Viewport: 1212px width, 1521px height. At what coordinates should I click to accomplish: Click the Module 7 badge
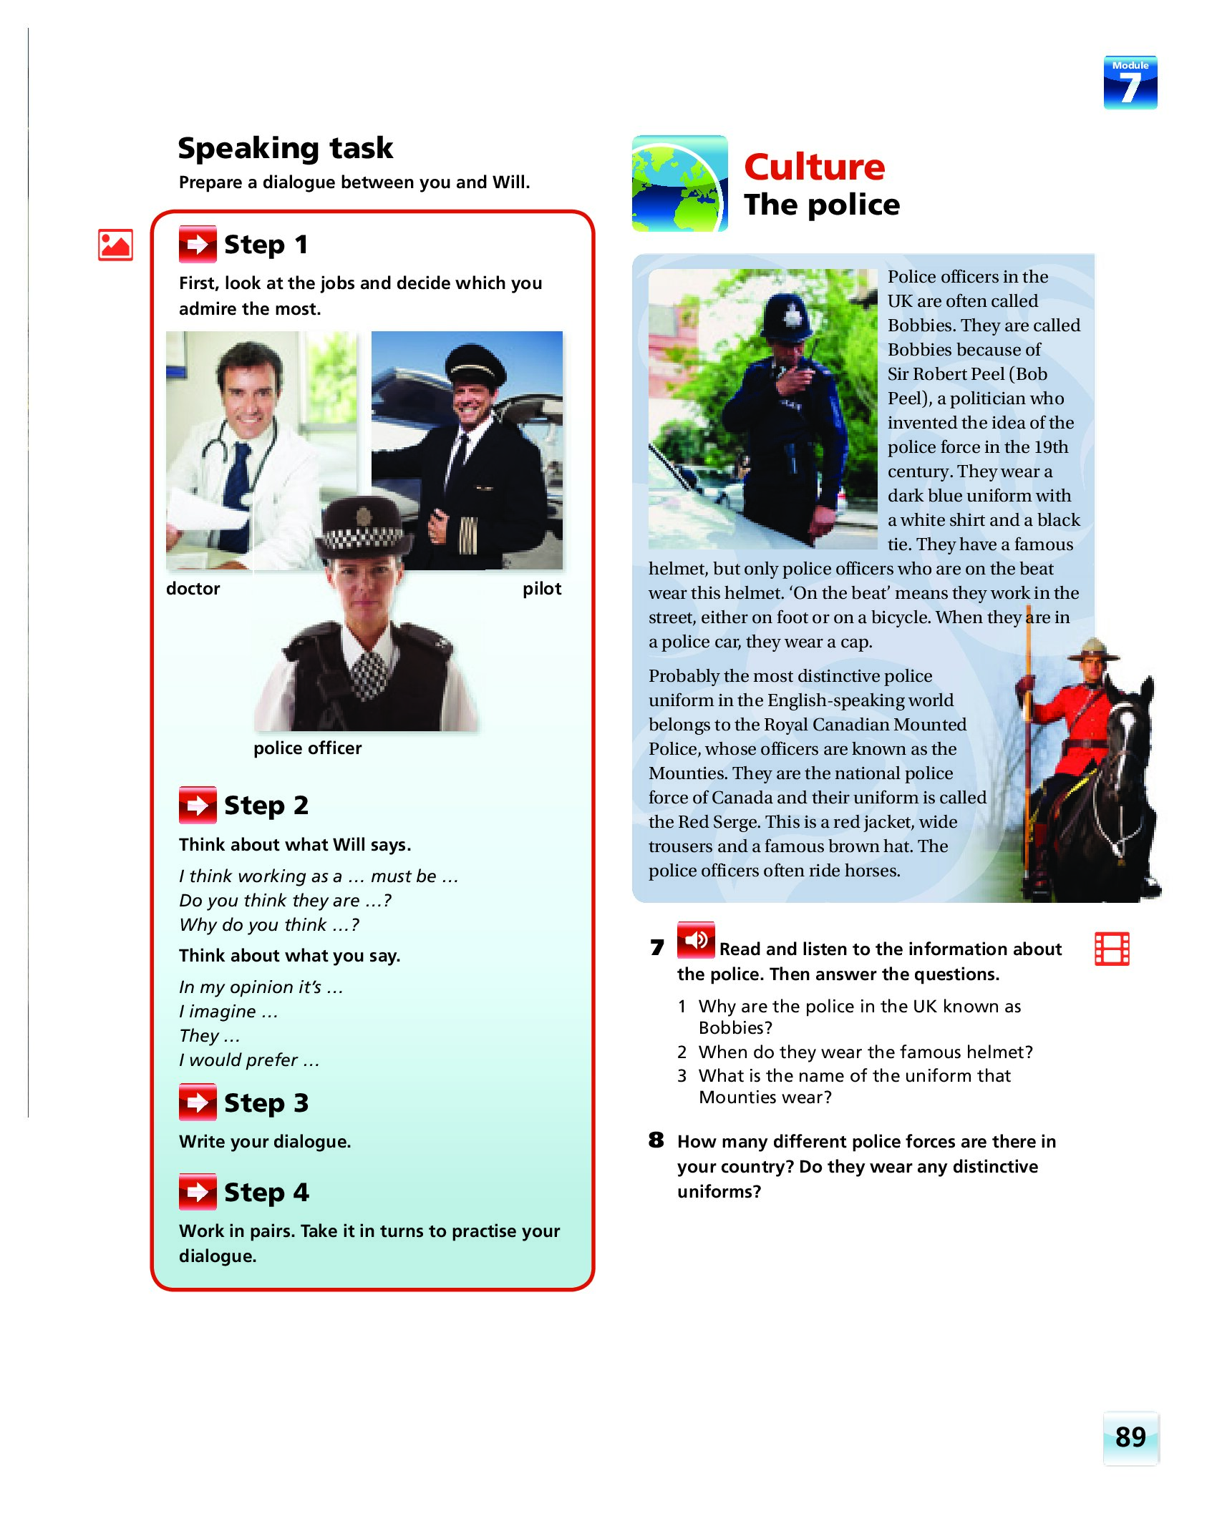(x=1130, y=83)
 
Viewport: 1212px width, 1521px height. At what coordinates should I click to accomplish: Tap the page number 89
(x=1130, y=1437)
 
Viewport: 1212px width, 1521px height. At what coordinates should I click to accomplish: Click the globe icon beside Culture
(x=679, y=184)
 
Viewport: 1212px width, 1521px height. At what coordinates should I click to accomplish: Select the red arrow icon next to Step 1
(x=197, y=245)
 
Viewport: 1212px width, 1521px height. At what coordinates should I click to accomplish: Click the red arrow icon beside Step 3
(x=197, y=1102)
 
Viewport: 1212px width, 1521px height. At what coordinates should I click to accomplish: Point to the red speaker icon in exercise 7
(x=695, y=939)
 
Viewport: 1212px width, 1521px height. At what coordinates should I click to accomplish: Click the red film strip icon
(x=1112, y=949)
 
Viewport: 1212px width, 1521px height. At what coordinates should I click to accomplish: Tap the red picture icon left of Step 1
(x=115, y=245)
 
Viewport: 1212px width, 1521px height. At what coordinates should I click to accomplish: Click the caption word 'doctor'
(x=193, y=589)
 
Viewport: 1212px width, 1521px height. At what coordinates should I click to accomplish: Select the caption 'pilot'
(x=541, y=589)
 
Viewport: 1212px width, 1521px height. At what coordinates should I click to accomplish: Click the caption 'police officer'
(x=307, y=748)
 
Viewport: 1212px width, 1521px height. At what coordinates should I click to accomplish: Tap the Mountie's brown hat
(x=1092, y=651)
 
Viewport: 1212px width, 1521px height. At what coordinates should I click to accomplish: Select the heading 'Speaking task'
(x=285, y=148)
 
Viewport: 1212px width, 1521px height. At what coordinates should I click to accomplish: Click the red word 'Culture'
(x=814, y=167)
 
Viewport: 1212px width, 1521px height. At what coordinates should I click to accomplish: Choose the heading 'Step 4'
(x=266, y=1193)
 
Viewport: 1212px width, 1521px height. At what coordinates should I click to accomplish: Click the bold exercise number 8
(x=656, y=1140)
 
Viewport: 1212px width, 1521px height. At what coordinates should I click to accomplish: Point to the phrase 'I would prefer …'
(x=248, y=1060)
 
